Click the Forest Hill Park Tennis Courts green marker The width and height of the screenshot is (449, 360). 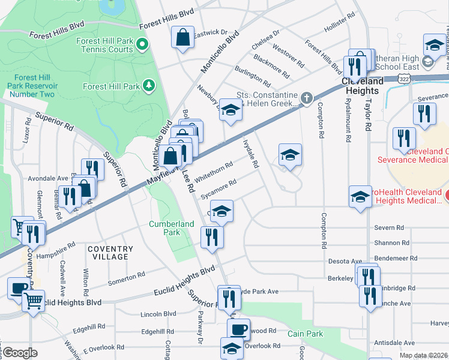click(x=142, y=43)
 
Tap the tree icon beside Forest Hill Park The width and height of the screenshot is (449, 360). click(x=148, y=86)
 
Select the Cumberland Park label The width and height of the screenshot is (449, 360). click(x=172, y=228)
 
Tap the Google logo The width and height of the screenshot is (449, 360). click(x=20, y=353)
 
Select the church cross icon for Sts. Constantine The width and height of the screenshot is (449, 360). click(x=307, y=98)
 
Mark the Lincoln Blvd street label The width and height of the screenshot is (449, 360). click(x=158, y=314)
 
